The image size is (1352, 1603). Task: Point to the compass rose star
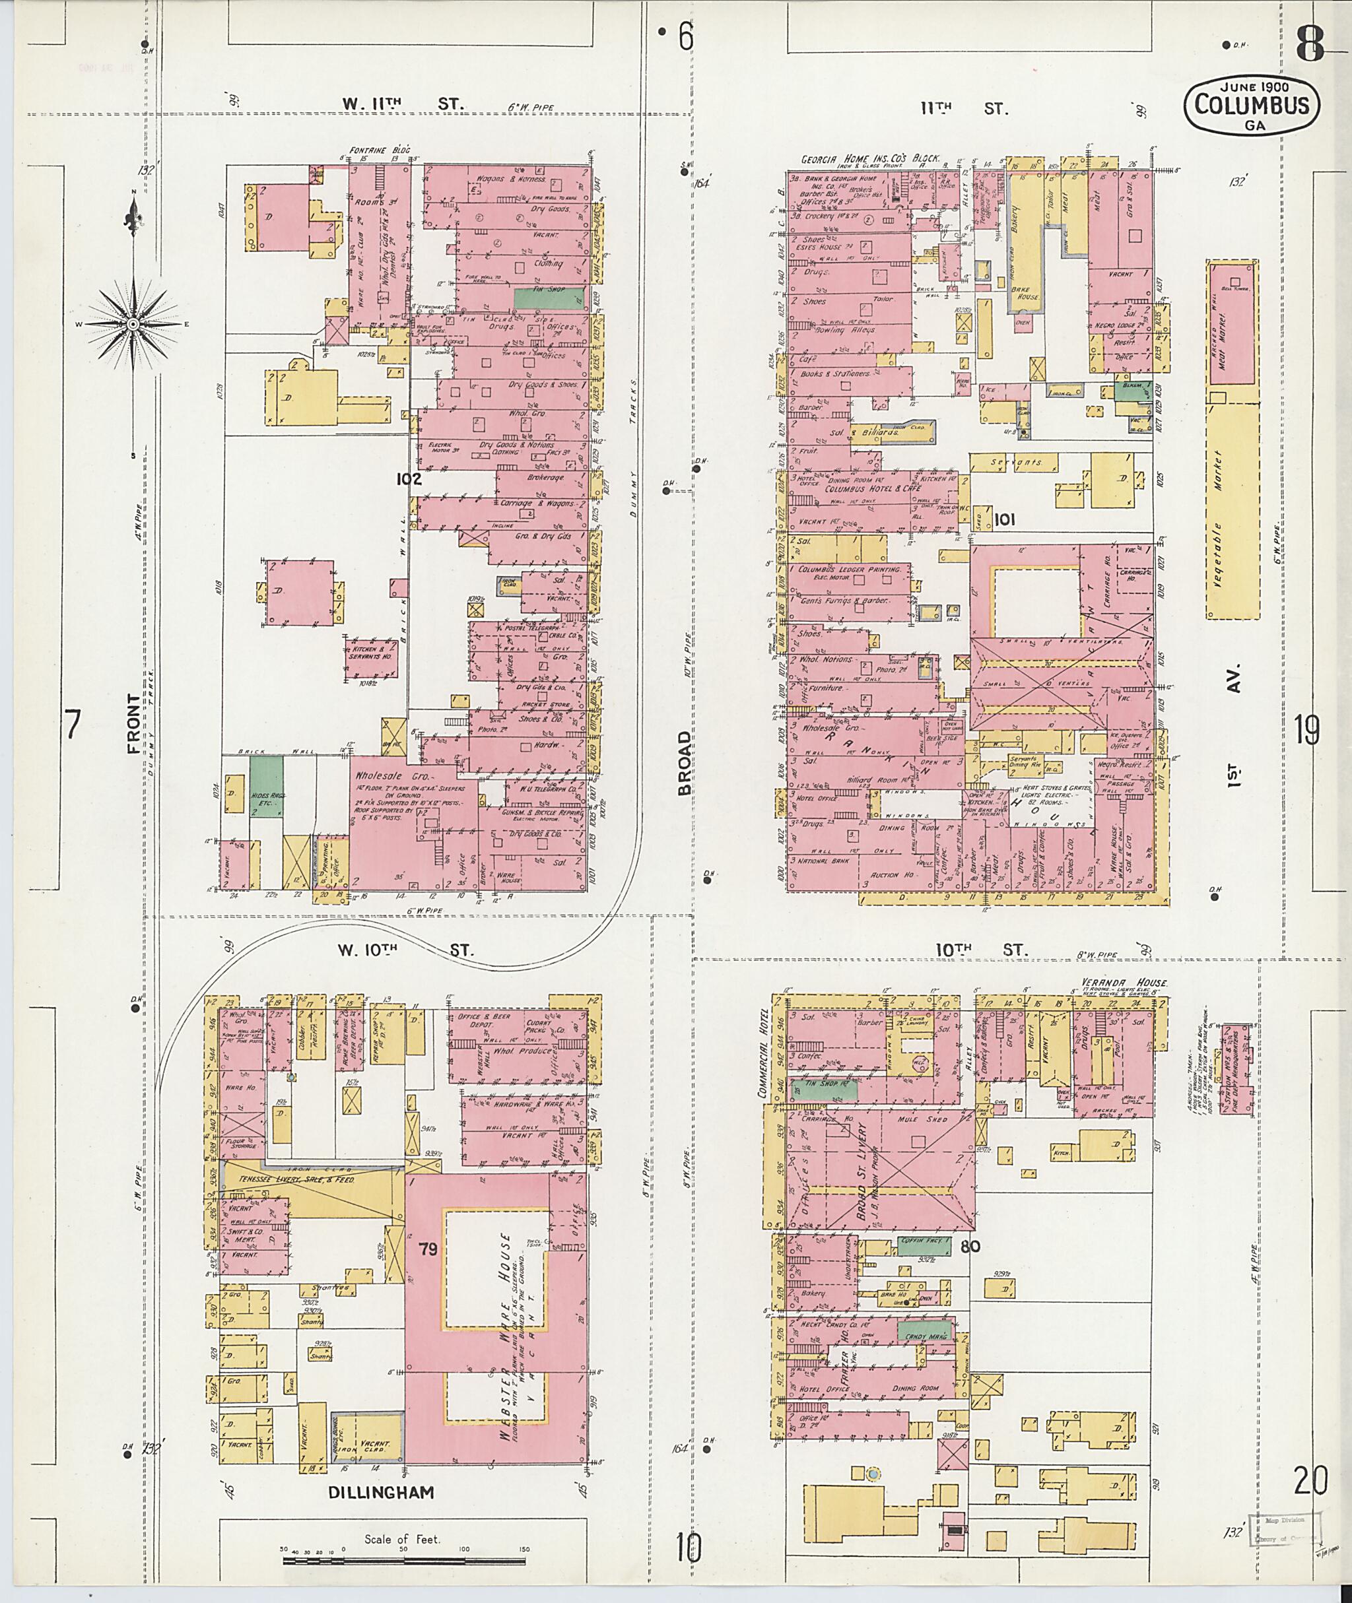[134, 324]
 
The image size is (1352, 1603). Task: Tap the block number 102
[409, 479]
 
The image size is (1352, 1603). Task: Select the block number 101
[1004, 520]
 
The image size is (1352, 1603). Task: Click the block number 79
[428, 1250]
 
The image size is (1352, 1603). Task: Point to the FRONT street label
[135, 723]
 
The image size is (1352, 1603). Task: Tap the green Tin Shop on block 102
[548, 298]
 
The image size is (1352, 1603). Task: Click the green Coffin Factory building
[925, 1246]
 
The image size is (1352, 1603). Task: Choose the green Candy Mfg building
[926, 1332]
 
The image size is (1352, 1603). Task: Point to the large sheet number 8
[1310, 47]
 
